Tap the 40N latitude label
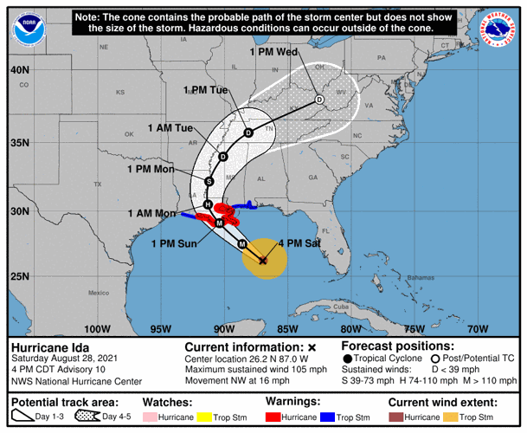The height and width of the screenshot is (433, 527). click(x=20, y=69)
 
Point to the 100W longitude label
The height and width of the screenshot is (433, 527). click(x=98, y=329)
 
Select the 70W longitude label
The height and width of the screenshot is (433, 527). click(x=476, y=329)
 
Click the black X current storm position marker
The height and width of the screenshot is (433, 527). click(x=263, y=259)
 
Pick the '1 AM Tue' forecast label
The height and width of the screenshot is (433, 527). click(x=170, y=128)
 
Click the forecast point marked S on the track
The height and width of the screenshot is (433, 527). click(x=209, y=181)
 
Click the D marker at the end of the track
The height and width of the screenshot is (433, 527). click(x=319, y=100)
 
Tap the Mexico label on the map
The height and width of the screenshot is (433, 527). click(x=97, y=293)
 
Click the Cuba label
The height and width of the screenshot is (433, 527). click(x=340, y=307)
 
